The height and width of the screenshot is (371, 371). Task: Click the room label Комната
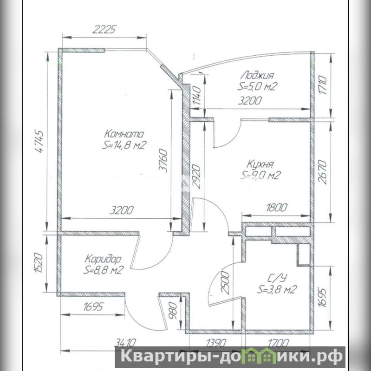point(124,134)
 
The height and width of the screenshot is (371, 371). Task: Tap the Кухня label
point(260,164)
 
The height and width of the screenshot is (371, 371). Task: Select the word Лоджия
point(257,75)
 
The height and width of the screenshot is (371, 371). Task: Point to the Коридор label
point(103,259)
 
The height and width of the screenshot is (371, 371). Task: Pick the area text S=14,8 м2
point(123,145)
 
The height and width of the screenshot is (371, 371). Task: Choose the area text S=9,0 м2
point(260,176)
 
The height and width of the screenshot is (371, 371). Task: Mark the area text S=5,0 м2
point(257,87)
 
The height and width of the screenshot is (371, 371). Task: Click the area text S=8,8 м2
point(104,270)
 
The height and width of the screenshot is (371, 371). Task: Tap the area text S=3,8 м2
point(277,289)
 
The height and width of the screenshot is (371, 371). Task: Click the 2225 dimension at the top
point(104,30)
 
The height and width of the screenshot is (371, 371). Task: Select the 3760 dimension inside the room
point(163,160)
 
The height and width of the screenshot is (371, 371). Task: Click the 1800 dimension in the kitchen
point(277,208)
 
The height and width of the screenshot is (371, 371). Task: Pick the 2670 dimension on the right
point(322,172)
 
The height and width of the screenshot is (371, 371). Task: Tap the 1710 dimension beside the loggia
point(323,85)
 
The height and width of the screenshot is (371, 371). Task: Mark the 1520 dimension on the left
point(39,263)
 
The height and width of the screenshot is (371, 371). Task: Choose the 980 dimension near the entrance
point(173,311)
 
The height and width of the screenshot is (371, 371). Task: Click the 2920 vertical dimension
point(197,176)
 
